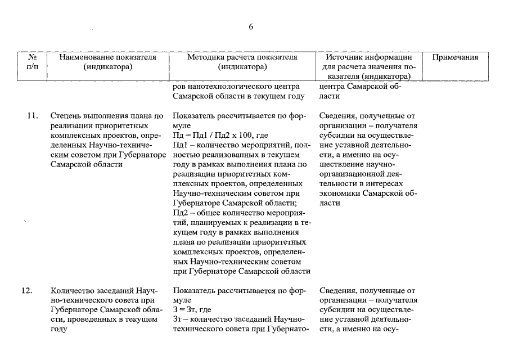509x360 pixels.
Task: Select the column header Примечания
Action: pyautogui.click(x=455, y=57)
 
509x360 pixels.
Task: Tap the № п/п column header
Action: pyautogui.click(x=32, y=62)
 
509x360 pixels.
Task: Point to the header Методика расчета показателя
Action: pyautogui.click(x=242, y=57)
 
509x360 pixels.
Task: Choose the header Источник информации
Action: pyautogui.click(x=368, y=57)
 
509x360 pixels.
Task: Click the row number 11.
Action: pyautogui.click(x=32, y=116)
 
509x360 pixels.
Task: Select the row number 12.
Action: pyautogui.click(x=26, y=291)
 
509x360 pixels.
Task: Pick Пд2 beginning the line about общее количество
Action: pyautogui.click(x=180, y=213)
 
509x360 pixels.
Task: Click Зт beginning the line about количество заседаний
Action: pyautogui.click(x=178, y=319)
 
